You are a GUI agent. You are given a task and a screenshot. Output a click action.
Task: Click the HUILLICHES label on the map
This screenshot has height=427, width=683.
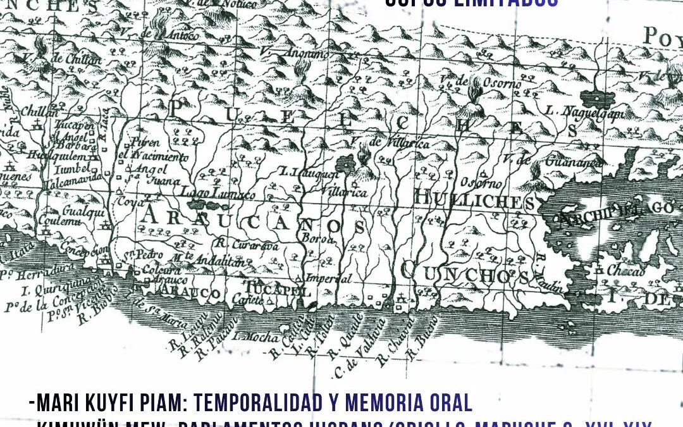click(475, 201)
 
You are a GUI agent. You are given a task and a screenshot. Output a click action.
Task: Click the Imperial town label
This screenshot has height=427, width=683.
click(328, 278)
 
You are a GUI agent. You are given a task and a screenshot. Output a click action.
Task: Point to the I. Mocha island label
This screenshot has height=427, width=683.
click(254, 336)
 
